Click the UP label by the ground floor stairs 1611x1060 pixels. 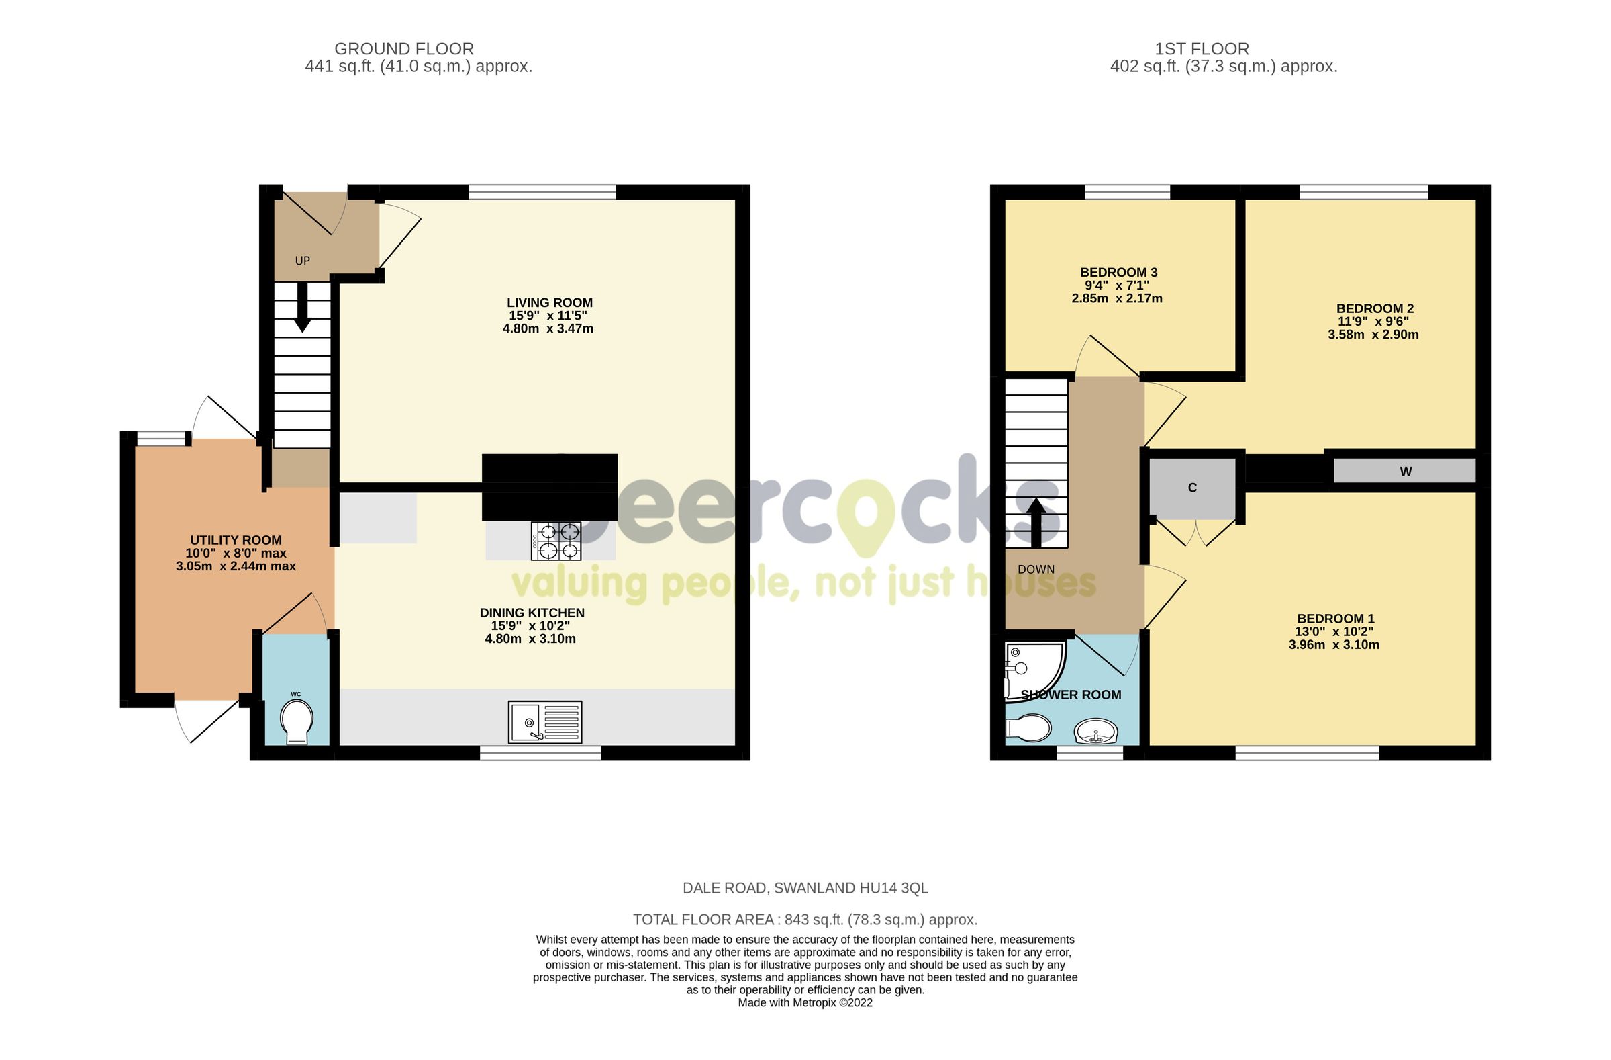click(x=302, y=261)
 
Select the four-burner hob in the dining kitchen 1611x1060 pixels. click(x=556, y=541)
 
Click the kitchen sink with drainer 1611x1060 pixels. click(x=545, y=721)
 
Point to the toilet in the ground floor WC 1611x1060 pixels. click(x=297, y=721)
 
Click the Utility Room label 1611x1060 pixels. click(x=236, y=540)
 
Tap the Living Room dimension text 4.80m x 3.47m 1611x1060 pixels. click(x=548, y=328)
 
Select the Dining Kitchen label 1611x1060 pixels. click(x=532, y=613)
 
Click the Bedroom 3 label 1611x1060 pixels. click(x=1118, y=272)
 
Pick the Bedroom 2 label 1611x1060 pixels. click(x=1374, y=308)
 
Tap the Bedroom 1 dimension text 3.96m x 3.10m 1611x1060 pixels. click(x=1334, y=645)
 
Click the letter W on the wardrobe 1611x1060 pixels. click(x=1405, y=472)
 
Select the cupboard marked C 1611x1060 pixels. click(x=1193, y=488)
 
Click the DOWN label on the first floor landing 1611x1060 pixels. click(x=1036, y=570)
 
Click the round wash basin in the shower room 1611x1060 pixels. click(x=1095, y=732)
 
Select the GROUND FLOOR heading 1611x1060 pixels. click(x=404, y=49)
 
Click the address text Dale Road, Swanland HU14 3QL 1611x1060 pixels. click(x=805, y=888)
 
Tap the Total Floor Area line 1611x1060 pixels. click(x=805, y=920)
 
